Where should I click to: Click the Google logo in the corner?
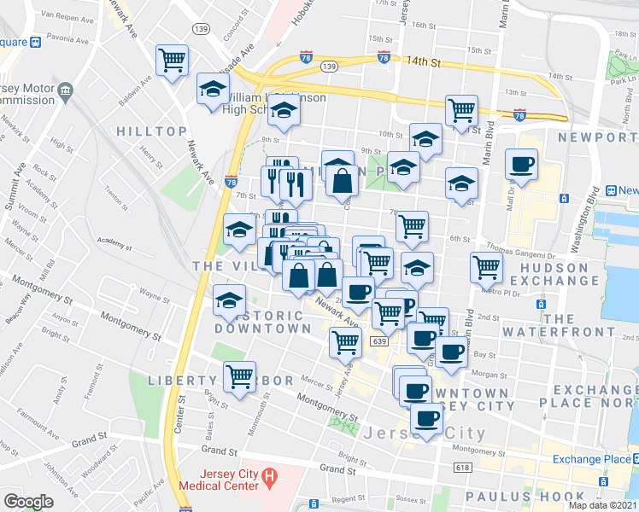pyautogui.click(x=29, y=502)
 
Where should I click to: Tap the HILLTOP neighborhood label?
pyautogui.click(x=151, y=131)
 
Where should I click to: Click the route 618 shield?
pyautogui.click(x=463, y=467)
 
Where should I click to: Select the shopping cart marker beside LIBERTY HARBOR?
pyautogui.click(x=239, y=375)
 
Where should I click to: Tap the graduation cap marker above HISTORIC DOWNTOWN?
pyautogui.click(x=230, y=300)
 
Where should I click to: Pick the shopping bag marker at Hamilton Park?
pyautogui.click(x=342, y=180)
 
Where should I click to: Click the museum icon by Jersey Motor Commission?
pyautogui.click(x=66, y=90)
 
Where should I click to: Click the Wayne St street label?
pyautogui.click(x=154, y=298)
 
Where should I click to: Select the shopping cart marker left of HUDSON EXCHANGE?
pyautogui.click(x=486, y=267)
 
